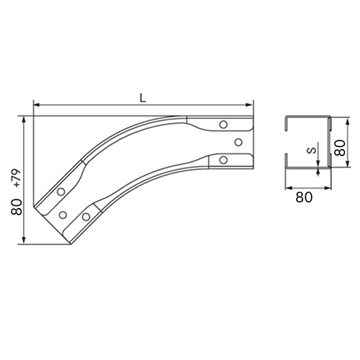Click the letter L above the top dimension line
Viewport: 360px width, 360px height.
tap(143, 98)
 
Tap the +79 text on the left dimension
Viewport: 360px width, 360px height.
tap(17, 179)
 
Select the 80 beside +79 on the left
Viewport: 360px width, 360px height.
tap(17, 207)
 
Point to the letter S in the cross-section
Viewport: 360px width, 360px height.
tap(312, 150)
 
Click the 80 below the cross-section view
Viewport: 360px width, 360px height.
tap(304, 197)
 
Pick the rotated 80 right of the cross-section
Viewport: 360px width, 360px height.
tap(340, 148)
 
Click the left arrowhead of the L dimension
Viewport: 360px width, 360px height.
tap(37, 104)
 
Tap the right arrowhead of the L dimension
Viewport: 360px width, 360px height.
tap(250, 104)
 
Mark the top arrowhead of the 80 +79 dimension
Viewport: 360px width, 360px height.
tap(24, 120)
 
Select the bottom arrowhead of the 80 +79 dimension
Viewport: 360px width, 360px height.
tap(24, 240)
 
